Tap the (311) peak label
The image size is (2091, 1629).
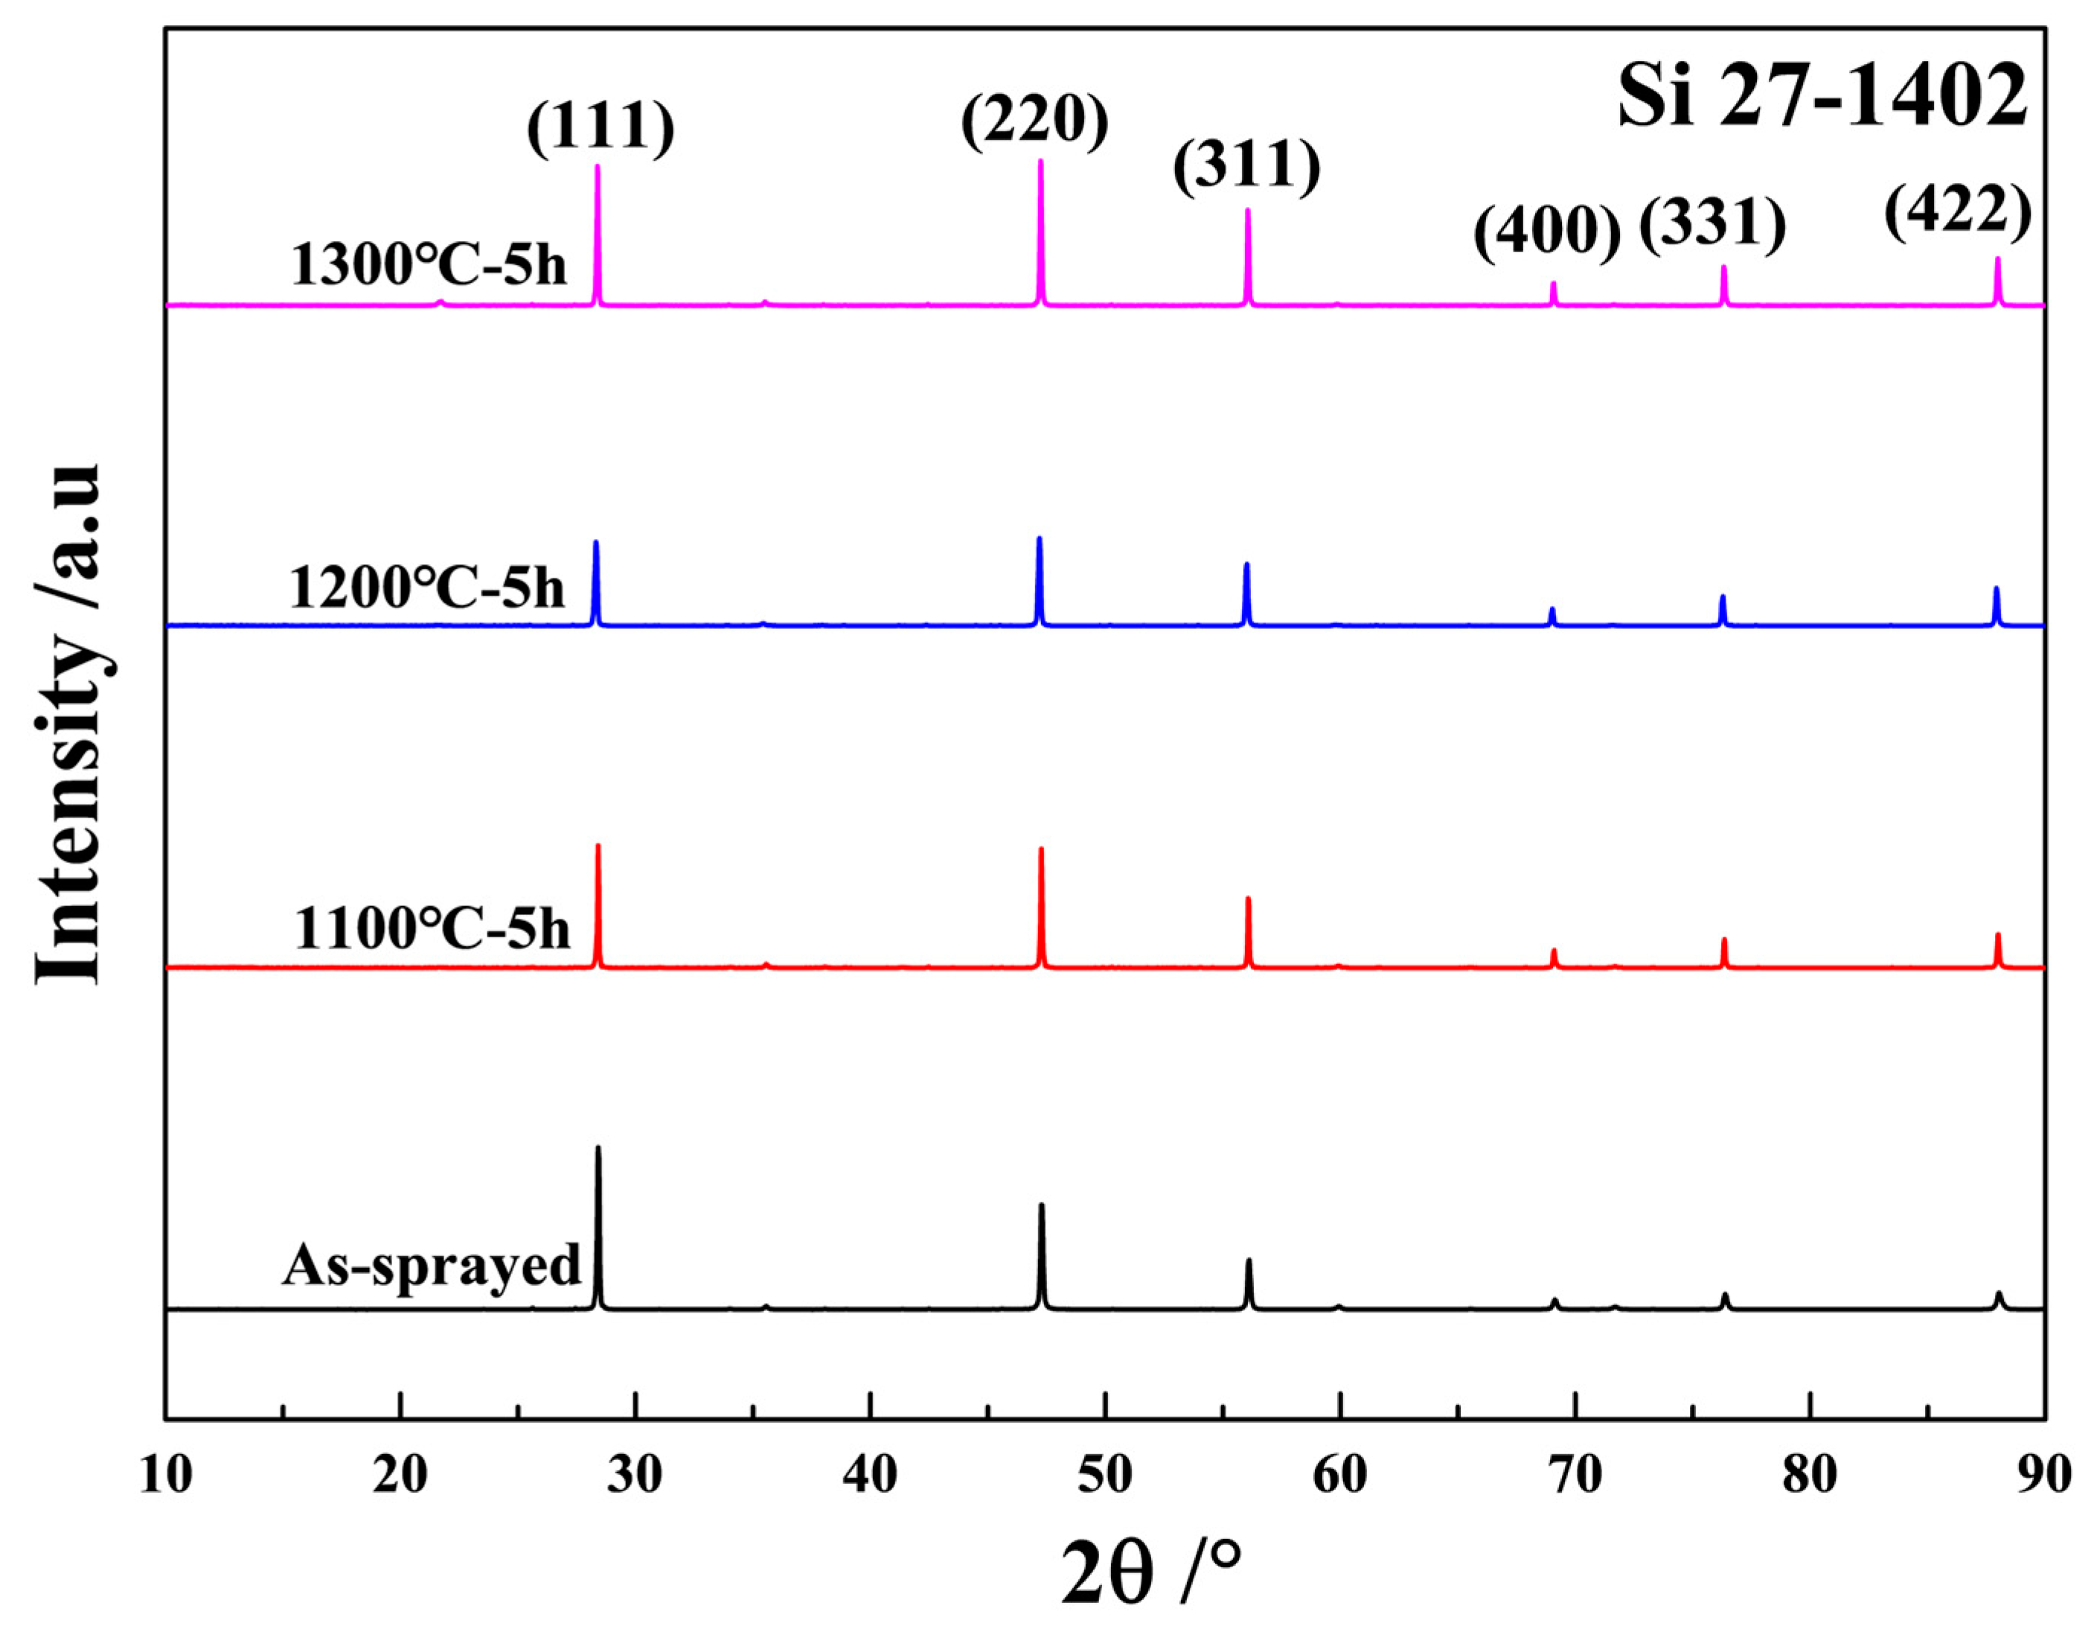pos(1246,167)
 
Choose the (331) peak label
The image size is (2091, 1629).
pos(1713,225)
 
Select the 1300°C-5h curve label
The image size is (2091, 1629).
pos(430,264)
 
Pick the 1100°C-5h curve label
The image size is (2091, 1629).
pos(432,927)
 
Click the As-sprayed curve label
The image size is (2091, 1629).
pos(432,1264)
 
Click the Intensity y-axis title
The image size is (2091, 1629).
pos(69,725)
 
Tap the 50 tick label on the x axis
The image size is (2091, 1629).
pos(1105,1476)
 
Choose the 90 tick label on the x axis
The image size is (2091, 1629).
pos(2045,1476)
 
